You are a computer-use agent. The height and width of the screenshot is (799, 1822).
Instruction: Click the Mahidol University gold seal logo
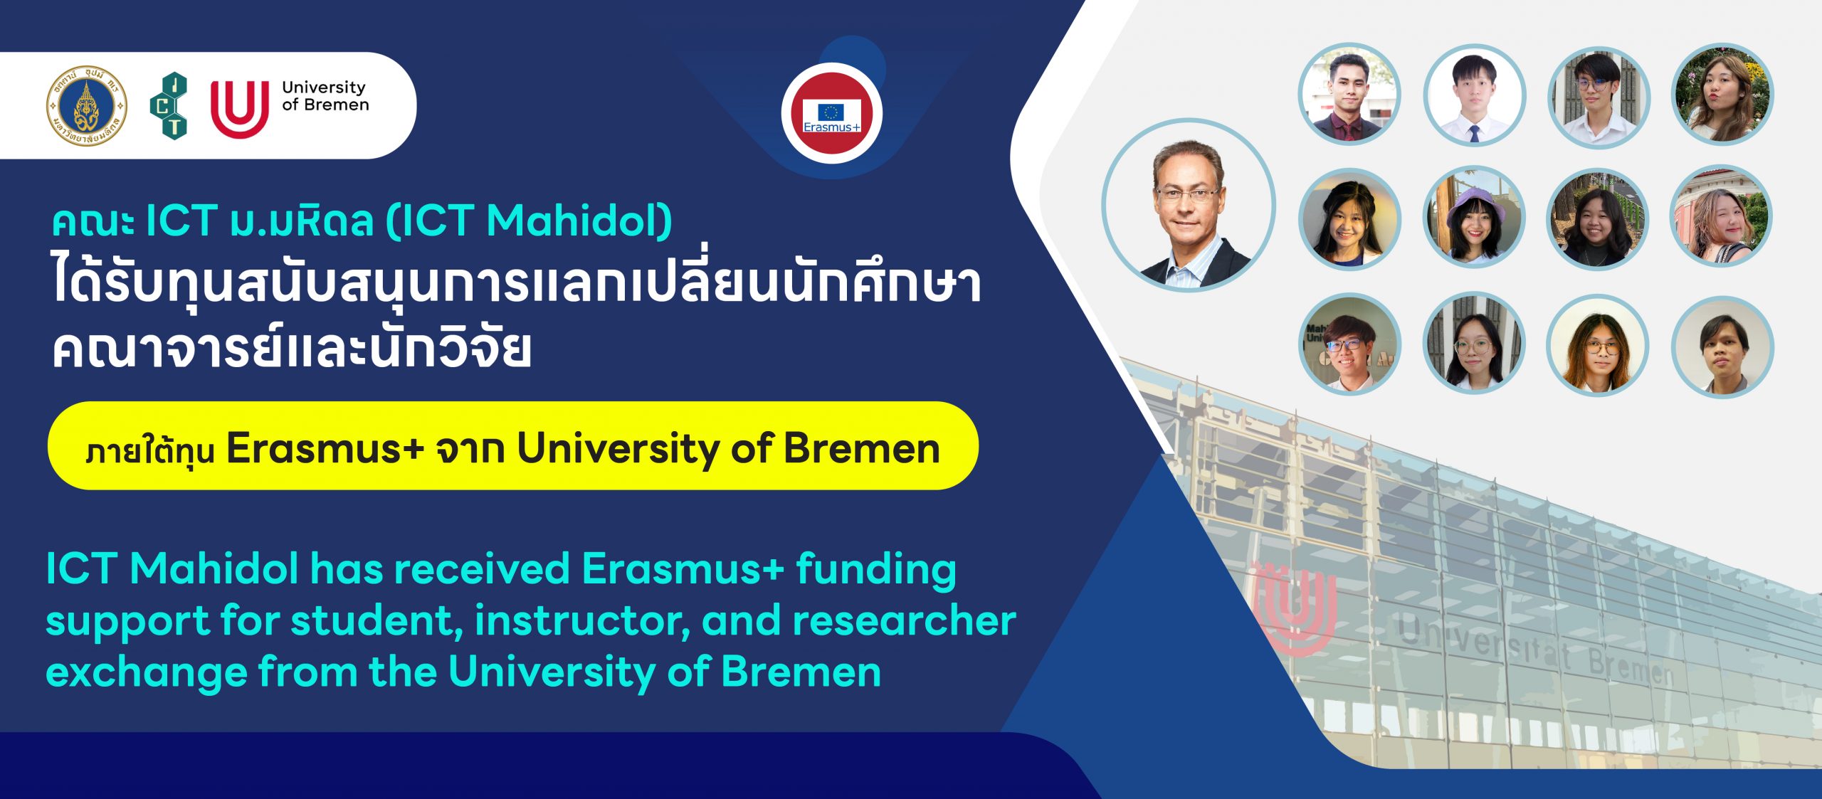pos(87,105)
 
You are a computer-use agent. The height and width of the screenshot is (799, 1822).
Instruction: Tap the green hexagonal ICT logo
pos(169,105)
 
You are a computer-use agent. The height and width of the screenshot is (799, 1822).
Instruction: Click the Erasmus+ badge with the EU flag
pos(832,114)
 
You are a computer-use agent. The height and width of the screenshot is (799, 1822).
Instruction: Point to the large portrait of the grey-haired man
pos(1189,206)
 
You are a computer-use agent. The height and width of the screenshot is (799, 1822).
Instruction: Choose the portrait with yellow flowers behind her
pos(1722,94)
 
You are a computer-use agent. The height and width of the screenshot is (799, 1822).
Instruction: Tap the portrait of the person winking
pos(1722,217)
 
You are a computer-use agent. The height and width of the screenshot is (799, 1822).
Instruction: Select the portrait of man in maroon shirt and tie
pos(1349,94)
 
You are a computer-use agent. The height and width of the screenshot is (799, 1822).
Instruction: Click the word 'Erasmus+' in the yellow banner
pos(325,449)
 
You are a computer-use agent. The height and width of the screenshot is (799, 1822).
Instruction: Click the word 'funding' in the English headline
pos(876,571)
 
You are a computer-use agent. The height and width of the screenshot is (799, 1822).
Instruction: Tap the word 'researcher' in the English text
pos(905,620)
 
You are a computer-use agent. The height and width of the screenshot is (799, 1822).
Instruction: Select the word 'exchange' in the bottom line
pos(146,672)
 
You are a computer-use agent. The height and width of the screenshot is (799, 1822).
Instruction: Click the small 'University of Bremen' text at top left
pos(325,96)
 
